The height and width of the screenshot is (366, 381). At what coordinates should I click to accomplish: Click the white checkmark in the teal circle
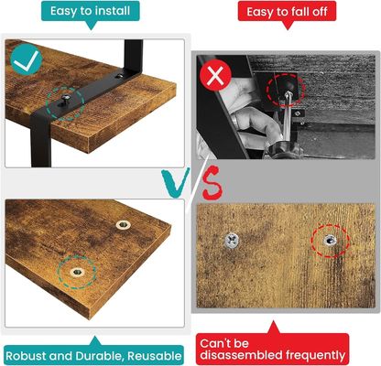[x=25, y=60]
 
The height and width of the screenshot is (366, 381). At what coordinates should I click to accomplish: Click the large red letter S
[x=210, y=187]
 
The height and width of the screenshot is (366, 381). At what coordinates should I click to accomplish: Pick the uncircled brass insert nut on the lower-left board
[x=122, y=224]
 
